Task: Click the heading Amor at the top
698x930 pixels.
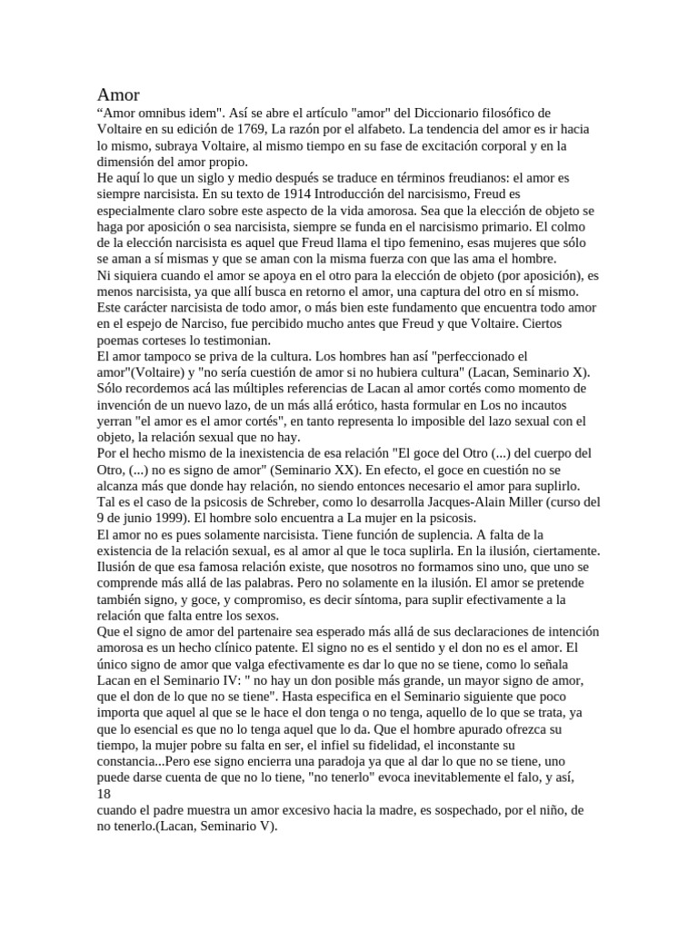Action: tap(118, 94)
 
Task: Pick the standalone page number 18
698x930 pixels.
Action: tap(103, 794)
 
